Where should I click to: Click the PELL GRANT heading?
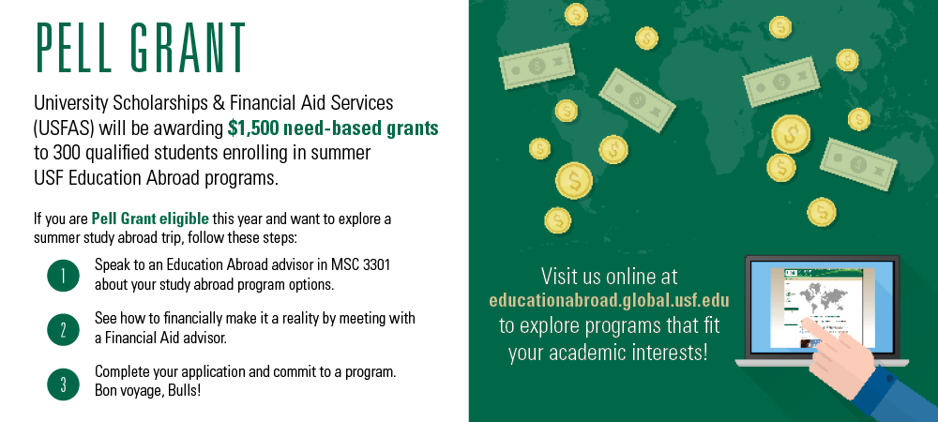click(140, 47)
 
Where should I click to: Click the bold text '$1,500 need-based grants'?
click(333, 128)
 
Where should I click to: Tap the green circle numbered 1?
click(63, 276)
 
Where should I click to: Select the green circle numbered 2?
click(63, 329)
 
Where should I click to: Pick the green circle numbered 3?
click(63, 384)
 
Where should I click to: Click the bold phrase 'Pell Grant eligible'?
click(150, 219)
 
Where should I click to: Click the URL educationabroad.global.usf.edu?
click(609, 299)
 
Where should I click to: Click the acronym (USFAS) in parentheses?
click(64, 128)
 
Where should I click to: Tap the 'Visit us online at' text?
click(609, 276)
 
